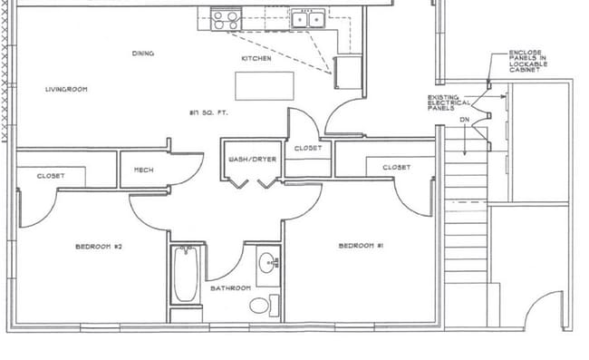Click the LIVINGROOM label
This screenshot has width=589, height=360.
click(66, 89)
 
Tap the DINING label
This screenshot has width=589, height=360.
click(142, 54)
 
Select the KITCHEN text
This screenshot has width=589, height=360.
click(256, 59)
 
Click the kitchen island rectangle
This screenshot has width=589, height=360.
click(265, 85)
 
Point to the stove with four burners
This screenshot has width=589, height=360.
click(226, 18)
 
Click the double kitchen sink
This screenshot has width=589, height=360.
click(309, 18)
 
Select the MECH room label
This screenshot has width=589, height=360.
click(143, 170)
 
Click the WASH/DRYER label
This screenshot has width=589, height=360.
click(252, 160)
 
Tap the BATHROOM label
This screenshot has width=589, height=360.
click(230, 288)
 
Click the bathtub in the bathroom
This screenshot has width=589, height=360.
click(186, 275)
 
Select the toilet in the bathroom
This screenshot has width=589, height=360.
click(261, 305)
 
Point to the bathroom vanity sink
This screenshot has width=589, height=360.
click(268, 264)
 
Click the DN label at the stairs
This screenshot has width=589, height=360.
click(465, 119)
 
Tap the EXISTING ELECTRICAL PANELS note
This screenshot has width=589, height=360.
click(449, 102)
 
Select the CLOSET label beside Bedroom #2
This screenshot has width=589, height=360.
click(51, 176)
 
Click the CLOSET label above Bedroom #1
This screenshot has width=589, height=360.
click(396, 167)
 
